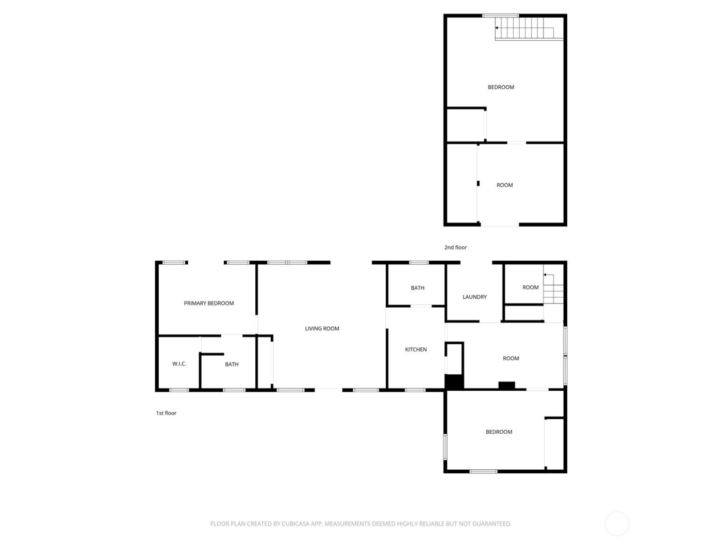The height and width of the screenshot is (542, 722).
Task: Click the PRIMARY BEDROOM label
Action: (x=209, y=304)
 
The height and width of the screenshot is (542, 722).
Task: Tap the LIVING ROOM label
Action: (x=322, y=329)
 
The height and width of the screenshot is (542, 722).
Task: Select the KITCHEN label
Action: (x=416, y=350)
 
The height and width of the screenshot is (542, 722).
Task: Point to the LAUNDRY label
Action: (x=474, y=297)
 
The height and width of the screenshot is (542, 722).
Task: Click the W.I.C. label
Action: (x=179, y=364)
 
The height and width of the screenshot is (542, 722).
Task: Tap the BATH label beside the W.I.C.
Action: (x=232, y=364)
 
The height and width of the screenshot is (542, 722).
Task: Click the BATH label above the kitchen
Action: (x=418, y=288)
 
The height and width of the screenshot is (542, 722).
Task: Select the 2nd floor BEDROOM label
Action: (x=501, y=87)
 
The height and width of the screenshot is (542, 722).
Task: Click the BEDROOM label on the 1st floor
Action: (x=499, y=432)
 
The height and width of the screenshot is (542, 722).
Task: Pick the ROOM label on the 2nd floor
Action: (x=504, y=185)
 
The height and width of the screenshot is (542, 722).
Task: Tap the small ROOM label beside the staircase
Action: (x=530, y=288)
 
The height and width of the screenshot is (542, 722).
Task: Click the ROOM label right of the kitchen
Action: (x=511, y=358)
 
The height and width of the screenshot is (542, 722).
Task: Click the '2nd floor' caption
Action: (x=455, y=248)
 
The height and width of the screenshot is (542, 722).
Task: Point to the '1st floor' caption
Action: (x=166, y=413)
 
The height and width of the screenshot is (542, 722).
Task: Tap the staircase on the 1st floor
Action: (x=553, y=290)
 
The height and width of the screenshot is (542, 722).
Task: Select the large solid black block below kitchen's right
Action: (x=454, y=382)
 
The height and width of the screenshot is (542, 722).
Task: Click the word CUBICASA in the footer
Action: (x=302, y=524)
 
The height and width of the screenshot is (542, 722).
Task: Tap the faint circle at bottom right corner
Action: (x=617, y=524)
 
